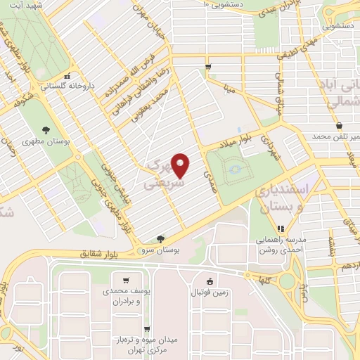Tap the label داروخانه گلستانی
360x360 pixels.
[67, 86]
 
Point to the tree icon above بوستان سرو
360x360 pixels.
[161, 239]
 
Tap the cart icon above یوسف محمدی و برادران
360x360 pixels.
[126, 280]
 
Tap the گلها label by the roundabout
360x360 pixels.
[263, 278]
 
